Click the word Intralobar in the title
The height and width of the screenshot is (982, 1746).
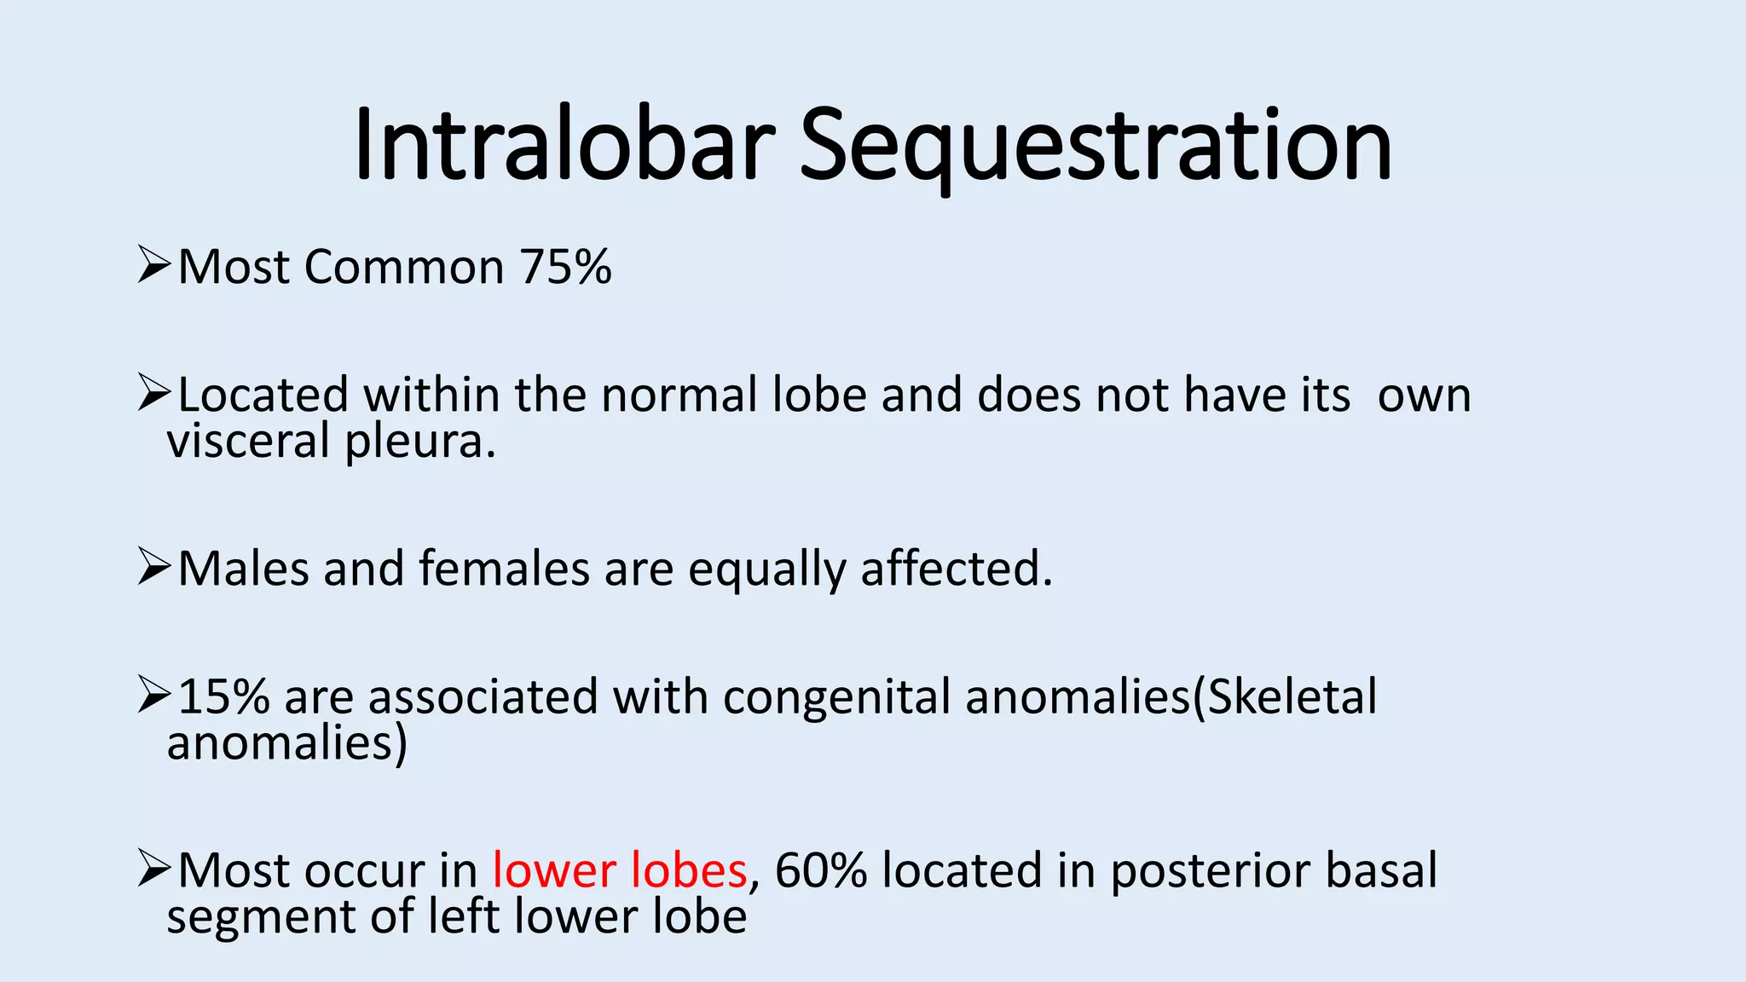pyautogui.click(x=564, y=145)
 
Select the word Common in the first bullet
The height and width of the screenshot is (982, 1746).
pyautogui.click(x=404, y=267)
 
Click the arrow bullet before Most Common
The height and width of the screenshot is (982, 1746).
pyautogui.click(x=154, y=265)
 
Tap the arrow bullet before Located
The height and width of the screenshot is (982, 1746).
pyautogui.click(x=154, y=394)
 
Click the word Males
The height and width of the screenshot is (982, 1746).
pyautogui.click(x=243, y=569)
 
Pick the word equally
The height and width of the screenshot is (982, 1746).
pyautogui.click(x=766, y=570)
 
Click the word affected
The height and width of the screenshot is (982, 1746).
pyautogui.click(x=956, y=569)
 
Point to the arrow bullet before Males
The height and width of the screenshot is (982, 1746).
pyautogui.click(x=154, y=568)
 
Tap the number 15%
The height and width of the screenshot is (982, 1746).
pyautogui.click(x=223, y=696)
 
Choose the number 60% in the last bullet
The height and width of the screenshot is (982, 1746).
pyautogui.click(x=820, y=870)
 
